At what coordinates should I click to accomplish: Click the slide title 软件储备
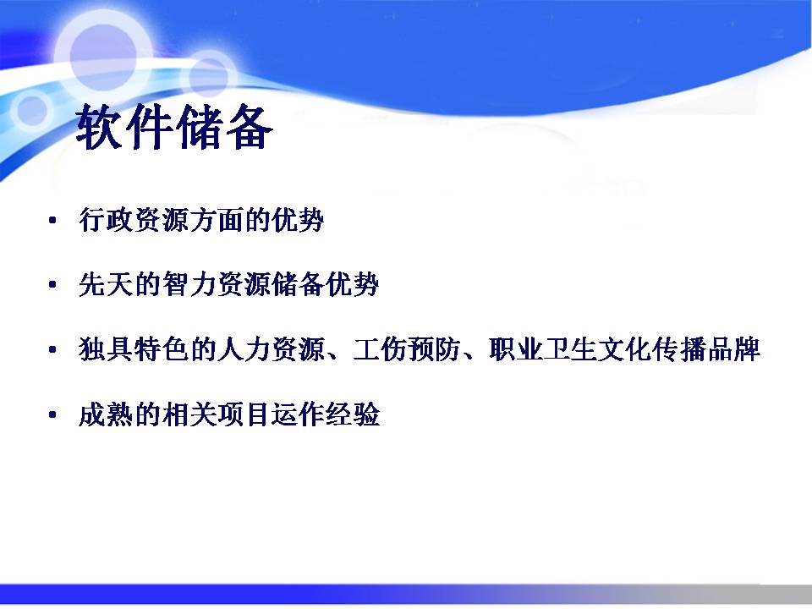tap(174, 128)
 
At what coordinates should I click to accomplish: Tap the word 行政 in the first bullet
tap(107, 220)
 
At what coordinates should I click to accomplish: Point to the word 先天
tap(107, 284)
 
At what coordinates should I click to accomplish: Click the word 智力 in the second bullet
tap(189, 284)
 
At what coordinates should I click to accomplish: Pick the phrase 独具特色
tap(134, 349)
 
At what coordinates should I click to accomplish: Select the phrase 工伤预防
tap(407, 349)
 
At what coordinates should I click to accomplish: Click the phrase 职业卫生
tap(543, 349)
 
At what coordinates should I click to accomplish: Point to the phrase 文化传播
tap(652, 349)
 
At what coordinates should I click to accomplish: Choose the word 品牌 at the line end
tap(733, 349)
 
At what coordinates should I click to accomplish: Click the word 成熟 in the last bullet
tap(107, 414)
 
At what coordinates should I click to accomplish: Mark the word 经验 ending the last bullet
tap(353, 414)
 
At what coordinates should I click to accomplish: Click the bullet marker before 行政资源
tap(52, 221)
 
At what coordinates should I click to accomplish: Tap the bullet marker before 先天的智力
tap(52, 285)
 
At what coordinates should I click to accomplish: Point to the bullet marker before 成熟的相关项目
tap(52, 414)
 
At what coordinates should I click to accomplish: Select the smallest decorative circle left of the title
tap(32, 109)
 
